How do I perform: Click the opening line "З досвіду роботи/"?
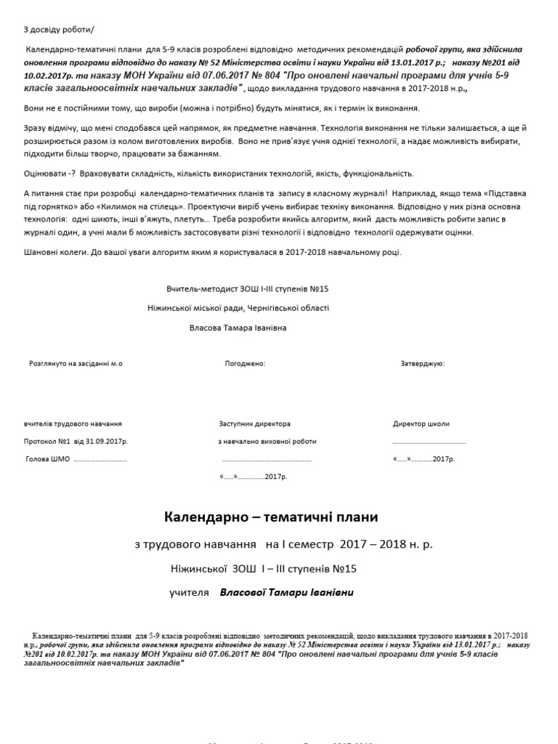[x=59, y=29]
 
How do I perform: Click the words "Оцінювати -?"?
[x=50, y=174]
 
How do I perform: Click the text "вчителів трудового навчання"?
[x=73, y=424]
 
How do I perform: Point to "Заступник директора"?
[x=254, y=424]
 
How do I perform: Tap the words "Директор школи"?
[x=421, y=424]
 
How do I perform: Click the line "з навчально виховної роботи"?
[x=267, y=441]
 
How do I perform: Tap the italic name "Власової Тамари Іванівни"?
[x=286, y=593]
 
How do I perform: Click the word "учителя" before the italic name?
[x=189, y=593]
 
